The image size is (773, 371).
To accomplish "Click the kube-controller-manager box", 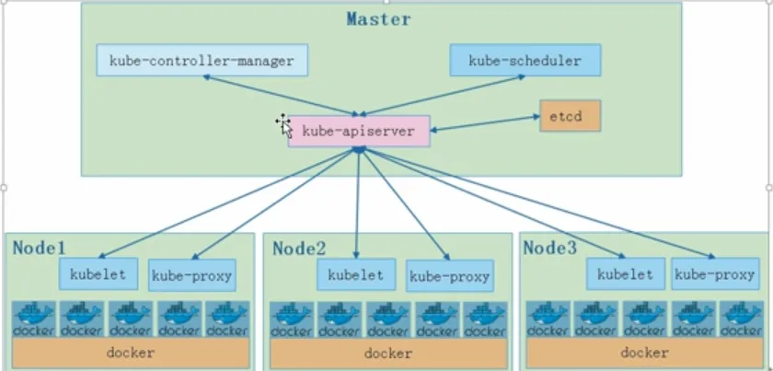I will tap(202, 61).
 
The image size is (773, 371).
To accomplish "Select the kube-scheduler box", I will tap(525, 61).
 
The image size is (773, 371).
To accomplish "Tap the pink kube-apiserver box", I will tap(358, 132).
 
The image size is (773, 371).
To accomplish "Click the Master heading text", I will tap(378, 18).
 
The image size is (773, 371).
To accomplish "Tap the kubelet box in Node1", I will tap(98, 272).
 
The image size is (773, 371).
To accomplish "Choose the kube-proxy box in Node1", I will tap(191, 274).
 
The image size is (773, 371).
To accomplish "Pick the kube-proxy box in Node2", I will tap(449, 275).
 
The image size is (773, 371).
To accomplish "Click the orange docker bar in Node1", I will tap(131, 353).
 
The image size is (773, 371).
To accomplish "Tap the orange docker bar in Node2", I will tap(387, 353).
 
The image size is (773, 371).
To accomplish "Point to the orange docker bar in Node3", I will tap(644, 353).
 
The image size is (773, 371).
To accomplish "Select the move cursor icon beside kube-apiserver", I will tap(282, 123).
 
